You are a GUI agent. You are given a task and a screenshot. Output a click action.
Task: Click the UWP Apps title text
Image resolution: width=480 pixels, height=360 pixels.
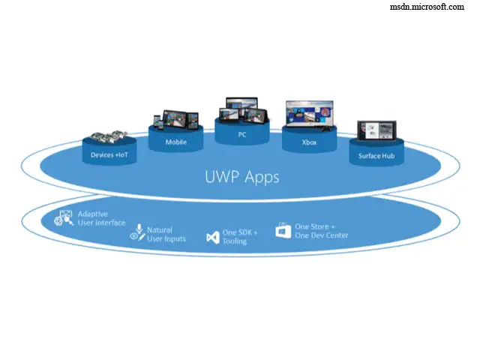click(x=242, y=178)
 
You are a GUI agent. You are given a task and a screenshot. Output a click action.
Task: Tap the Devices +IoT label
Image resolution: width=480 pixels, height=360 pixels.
click(x=108, y=155)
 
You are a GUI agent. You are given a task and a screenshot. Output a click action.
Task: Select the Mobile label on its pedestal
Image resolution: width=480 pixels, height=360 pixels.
click(x=177, y=142)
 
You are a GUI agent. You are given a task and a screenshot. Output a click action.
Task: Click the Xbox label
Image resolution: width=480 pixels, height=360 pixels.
click(x=309, y=141)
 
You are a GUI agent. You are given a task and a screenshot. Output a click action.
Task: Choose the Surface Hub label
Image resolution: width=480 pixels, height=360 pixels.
click(x=376, y=156)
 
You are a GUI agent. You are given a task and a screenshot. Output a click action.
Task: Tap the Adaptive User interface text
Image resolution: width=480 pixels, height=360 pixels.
click(x=101, y=218)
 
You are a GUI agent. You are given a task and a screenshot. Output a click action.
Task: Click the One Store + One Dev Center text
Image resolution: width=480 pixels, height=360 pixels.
click(x=321, y=230)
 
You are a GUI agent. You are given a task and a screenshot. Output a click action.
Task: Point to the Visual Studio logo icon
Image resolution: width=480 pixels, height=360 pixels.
click(x=212, y=237)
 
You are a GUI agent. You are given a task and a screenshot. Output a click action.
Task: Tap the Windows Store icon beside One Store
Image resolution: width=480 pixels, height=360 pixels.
click(x=283, y=231)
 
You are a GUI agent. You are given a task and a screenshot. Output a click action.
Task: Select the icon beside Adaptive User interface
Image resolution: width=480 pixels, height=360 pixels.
click(x=65, y=218)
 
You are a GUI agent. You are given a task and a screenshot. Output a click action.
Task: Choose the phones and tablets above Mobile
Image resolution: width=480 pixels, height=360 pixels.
click(x=175, y=120)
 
